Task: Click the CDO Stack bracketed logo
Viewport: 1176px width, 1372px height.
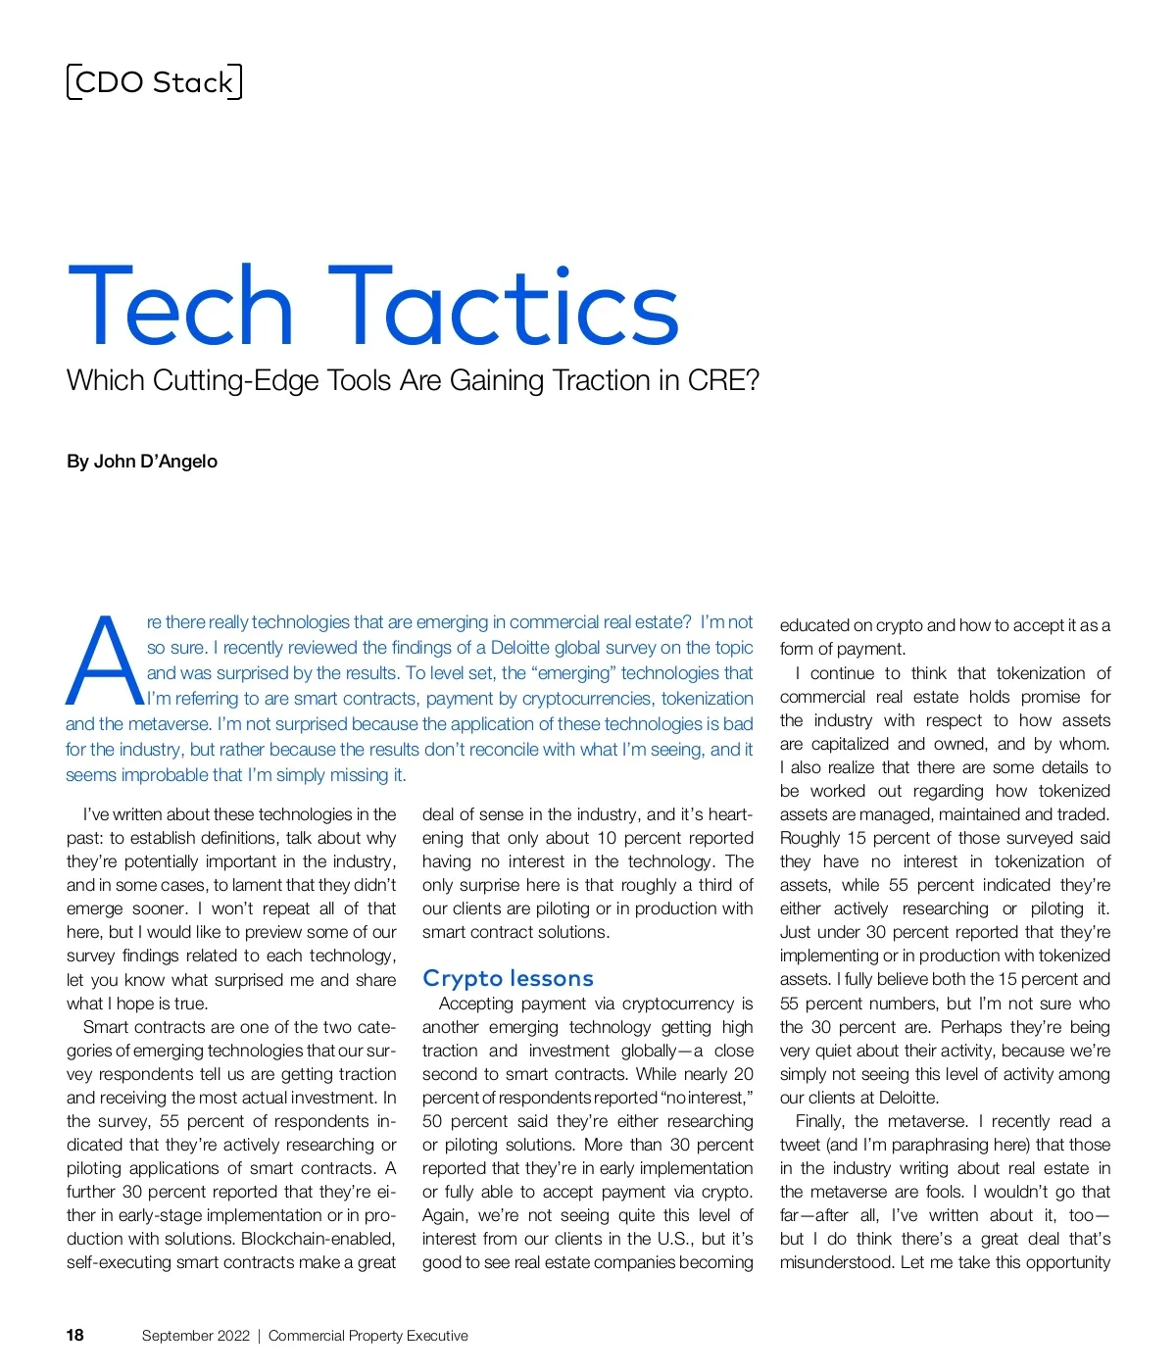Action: (x=154, y=82)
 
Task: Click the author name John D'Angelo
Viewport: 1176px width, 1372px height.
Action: (x=156, y=462)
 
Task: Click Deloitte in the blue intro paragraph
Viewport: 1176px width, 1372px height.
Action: (x=523, y=648)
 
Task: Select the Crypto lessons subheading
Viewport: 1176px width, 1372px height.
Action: (x=508, y=978)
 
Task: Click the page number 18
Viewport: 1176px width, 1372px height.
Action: (x=75, y=1335)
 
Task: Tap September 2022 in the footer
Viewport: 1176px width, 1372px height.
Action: (x=196, y=1336)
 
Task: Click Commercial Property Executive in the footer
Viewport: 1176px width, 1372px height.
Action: (x=368, y=1336)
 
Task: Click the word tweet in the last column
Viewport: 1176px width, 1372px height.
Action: (x=801, y=1145)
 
